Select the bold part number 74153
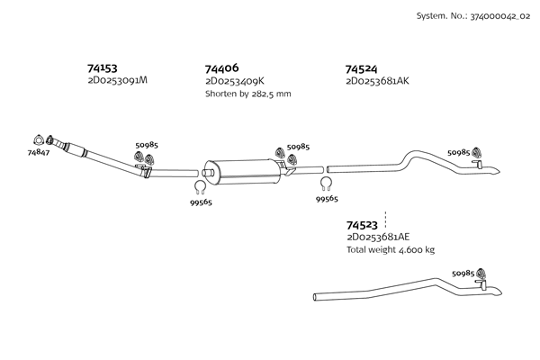pyautogui.click(x=103, y=67)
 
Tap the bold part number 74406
pyautogui.click(x=221, y=68)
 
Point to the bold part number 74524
pyautogui.click(x=362, y=68)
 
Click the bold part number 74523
pyautogui.click(x=362, y=225)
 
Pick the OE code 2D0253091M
pyautogui.click(x=117, y=80)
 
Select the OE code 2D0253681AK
pyautogui.click(x=377, y=81)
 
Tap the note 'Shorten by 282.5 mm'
pyautogui.click(x=247, y=94)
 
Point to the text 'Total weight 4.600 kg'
pyautogui.click(x=390, y=250)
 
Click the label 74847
pyautogui.click(x=38, y=154)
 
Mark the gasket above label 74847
pyautogui.click(x=38, y=138)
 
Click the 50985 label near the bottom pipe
pyautogui.click(x=463, y=273)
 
